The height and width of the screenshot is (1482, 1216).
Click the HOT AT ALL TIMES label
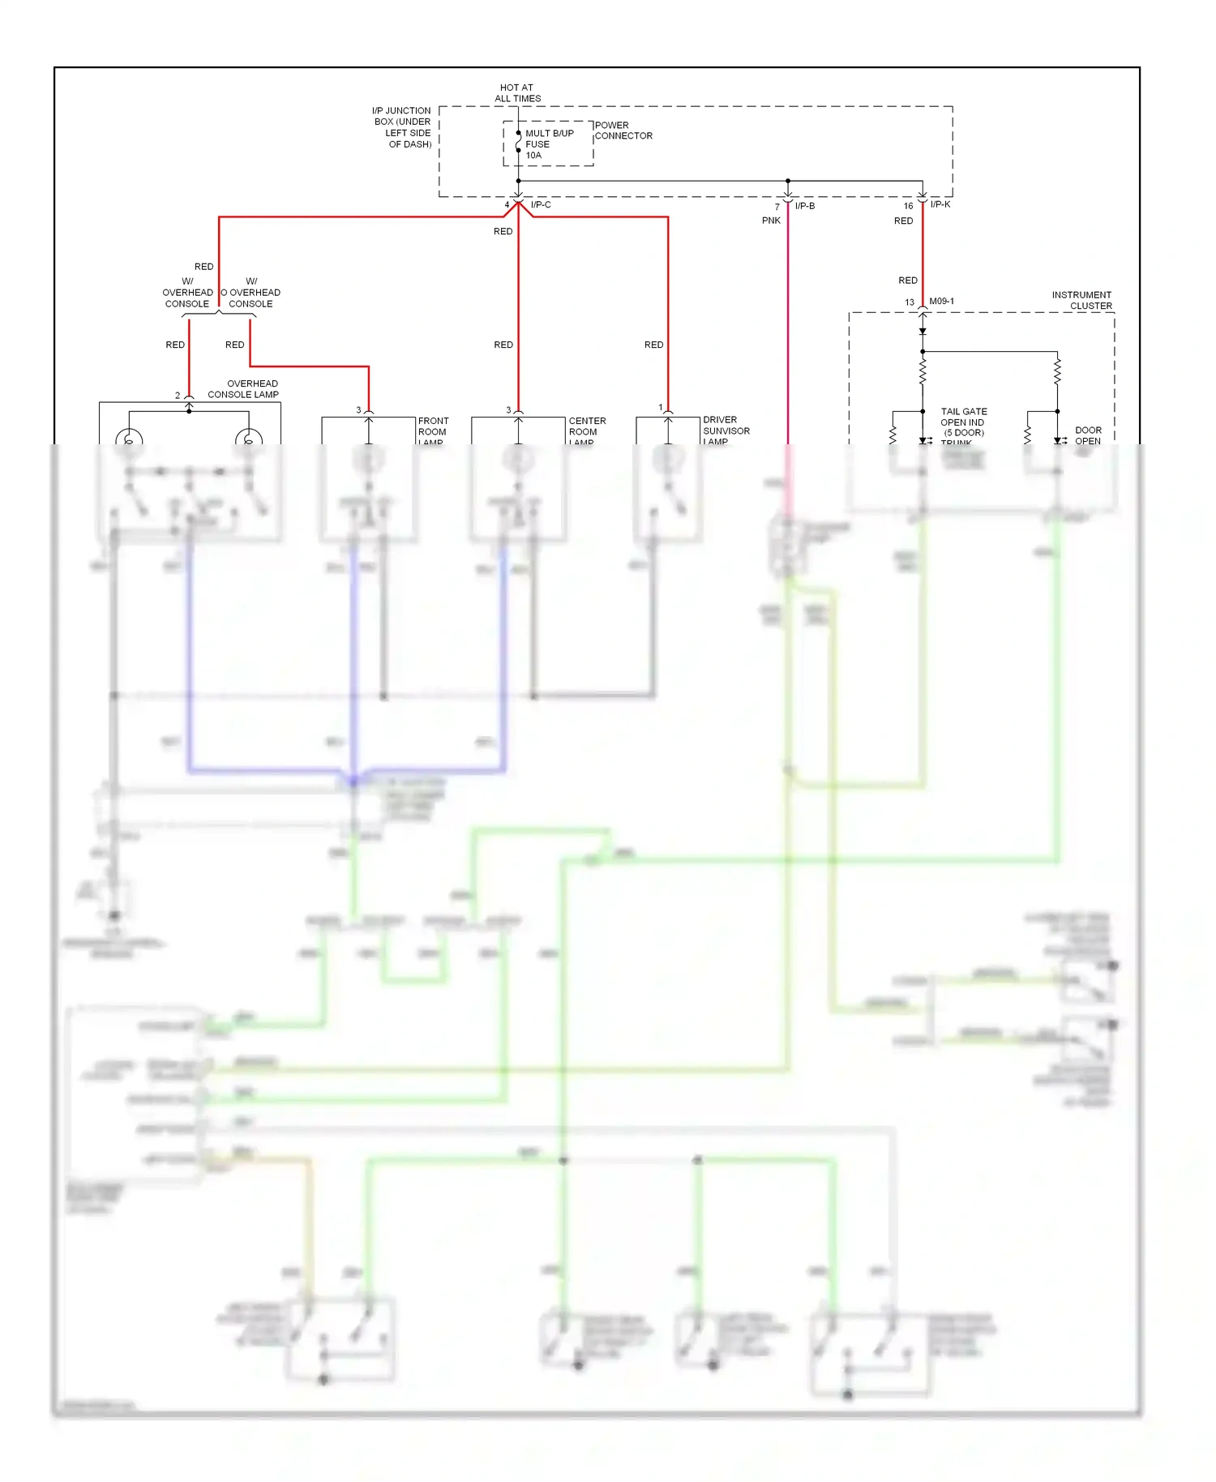click(517, 93)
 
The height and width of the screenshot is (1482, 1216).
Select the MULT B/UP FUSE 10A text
click(548, 144)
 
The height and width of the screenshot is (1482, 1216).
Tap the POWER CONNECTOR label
click(623, 131)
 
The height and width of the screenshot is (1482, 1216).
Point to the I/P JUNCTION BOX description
click(402, 127)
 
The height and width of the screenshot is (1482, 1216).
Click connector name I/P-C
click(541, 205)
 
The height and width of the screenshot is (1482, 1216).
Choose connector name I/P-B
click(804, 206)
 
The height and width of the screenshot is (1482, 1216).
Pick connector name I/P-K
click(940, 204)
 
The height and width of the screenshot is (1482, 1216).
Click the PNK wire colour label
click(771, 221)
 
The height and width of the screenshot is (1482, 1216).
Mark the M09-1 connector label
click(941, 302)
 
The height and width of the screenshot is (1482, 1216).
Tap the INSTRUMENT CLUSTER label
click(1082, 300)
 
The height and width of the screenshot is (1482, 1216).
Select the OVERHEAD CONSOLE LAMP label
click(244, 389)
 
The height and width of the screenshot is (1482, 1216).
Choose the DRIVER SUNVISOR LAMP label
click(726, 430)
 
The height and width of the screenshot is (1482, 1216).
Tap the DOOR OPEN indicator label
click(1088, 435)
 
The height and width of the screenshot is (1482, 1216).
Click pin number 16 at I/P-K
click(908, 206)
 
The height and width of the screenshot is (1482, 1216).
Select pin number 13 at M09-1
click(910, 302)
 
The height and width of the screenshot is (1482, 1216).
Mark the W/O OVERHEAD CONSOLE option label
click(251, 293)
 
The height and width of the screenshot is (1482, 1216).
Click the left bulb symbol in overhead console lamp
click(129, 439)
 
